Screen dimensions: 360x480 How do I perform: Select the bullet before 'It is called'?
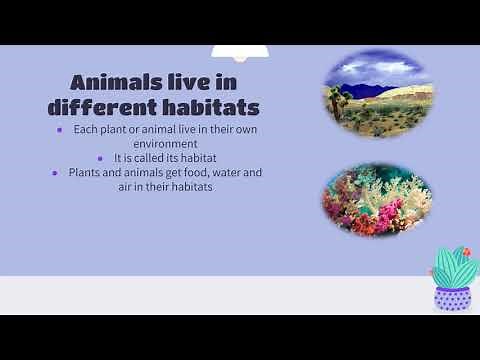pos(100,158)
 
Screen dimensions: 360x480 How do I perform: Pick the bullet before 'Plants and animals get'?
pos(58,173)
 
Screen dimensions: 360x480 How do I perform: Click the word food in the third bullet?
pos(187,172)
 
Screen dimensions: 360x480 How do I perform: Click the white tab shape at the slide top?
pos(238,52)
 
